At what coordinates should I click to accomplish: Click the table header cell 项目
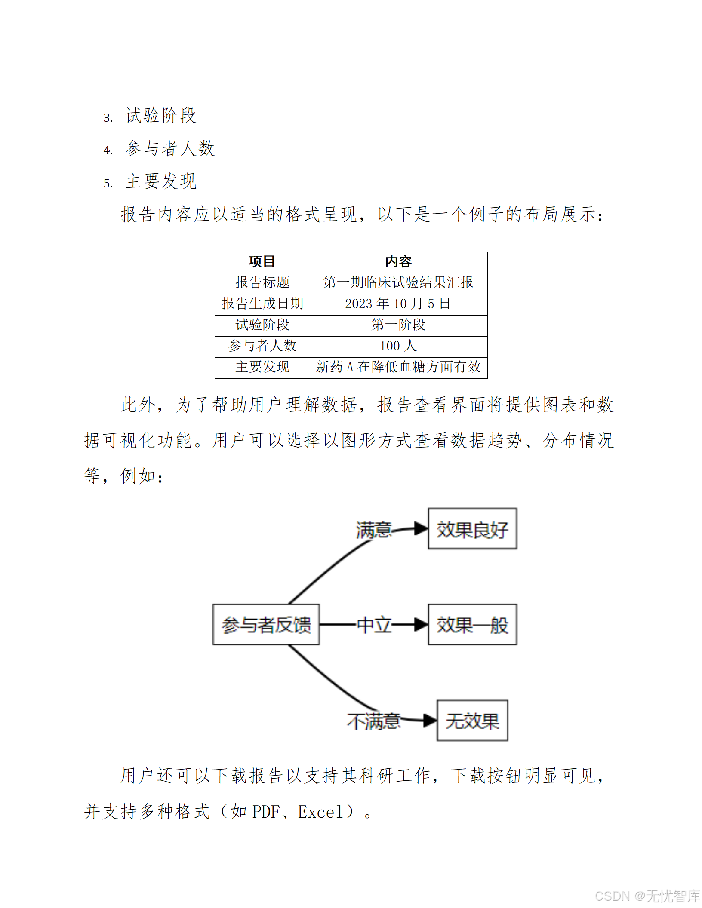click(x=262, y=262)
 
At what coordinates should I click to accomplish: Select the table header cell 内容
click(x=398, y=262)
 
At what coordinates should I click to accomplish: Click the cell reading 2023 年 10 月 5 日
click(x=398, y=304)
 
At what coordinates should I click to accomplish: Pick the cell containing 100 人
click(x=398, y=346)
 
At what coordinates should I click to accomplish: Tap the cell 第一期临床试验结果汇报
click(x=398, y=283)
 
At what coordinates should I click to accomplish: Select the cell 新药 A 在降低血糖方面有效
click(x=398, y=367)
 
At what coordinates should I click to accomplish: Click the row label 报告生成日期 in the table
click(x=262, y=304)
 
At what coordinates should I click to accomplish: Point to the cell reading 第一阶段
click(x=398, y=325)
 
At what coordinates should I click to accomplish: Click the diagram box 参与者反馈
click(x=266, y=625)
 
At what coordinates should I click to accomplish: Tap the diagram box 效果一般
click(x=472, y=625)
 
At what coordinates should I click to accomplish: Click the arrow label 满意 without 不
click(x=373, y=530)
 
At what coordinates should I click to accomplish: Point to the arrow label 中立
click(x=373, y=625)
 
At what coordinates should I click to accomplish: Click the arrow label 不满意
click(x=373, y=721)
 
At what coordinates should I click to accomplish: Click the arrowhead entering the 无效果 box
click(x=430, y=721)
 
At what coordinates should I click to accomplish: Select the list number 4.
click(x=108, y=150)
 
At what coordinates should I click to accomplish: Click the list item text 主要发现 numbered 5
click(x=161, y=181)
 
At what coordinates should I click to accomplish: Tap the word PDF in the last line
click(x=266, y=812)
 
